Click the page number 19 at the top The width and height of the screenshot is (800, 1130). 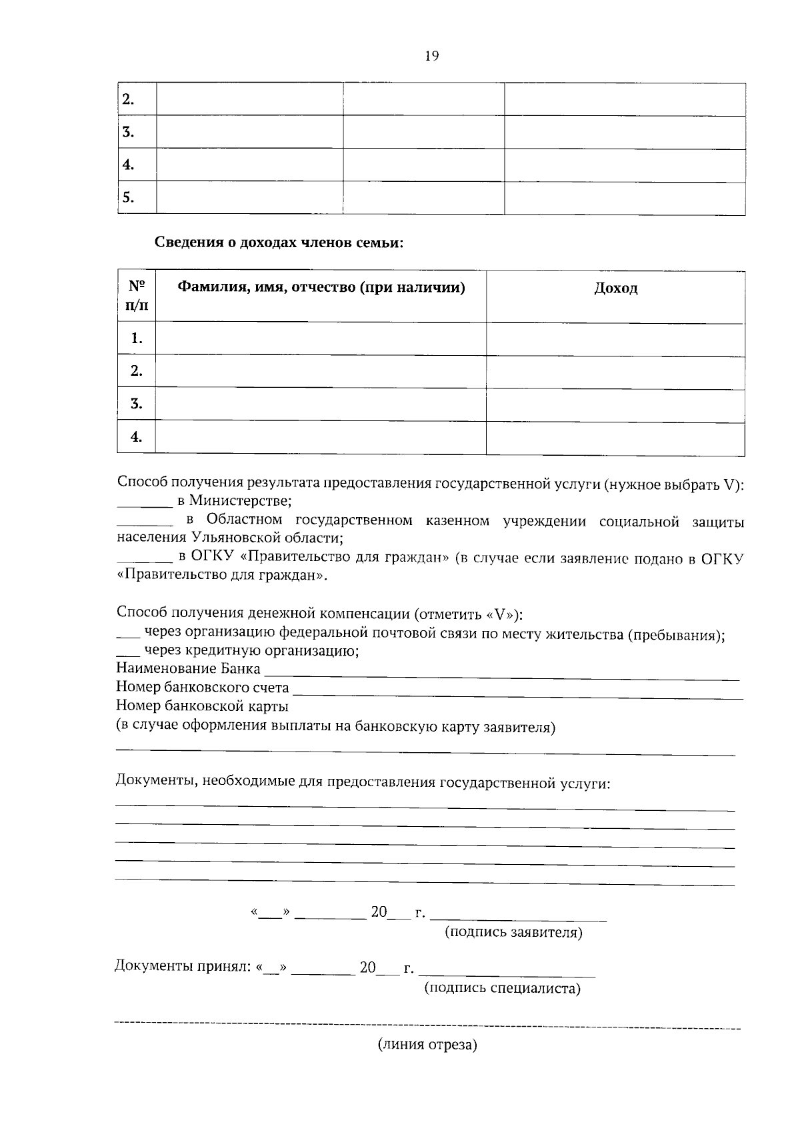point(431,57)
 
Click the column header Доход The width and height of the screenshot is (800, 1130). point(615,288)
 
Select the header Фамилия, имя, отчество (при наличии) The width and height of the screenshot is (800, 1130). point(321,288)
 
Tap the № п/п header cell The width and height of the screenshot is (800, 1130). point(137,296)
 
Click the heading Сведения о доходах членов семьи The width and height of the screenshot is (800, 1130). point(279,243)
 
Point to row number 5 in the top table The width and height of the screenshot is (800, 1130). point(129,197)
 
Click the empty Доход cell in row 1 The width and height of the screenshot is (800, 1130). point(615,338)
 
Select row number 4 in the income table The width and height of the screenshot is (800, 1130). point(137,437)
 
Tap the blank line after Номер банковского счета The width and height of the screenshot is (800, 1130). point(517,696)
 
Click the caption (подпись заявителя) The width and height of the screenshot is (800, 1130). point(513,933)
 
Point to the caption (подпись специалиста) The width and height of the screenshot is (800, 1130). point(503,989)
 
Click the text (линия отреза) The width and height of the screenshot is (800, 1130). point(427,1045)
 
